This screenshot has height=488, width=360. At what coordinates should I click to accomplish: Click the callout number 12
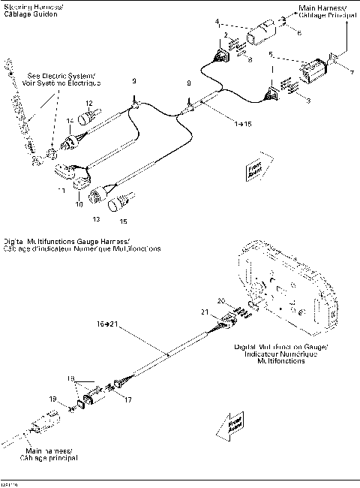click(88, 103)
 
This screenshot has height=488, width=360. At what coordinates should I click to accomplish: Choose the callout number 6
click(298, 33)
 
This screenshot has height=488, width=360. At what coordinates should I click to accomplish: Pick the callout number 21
click(203, 312)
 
